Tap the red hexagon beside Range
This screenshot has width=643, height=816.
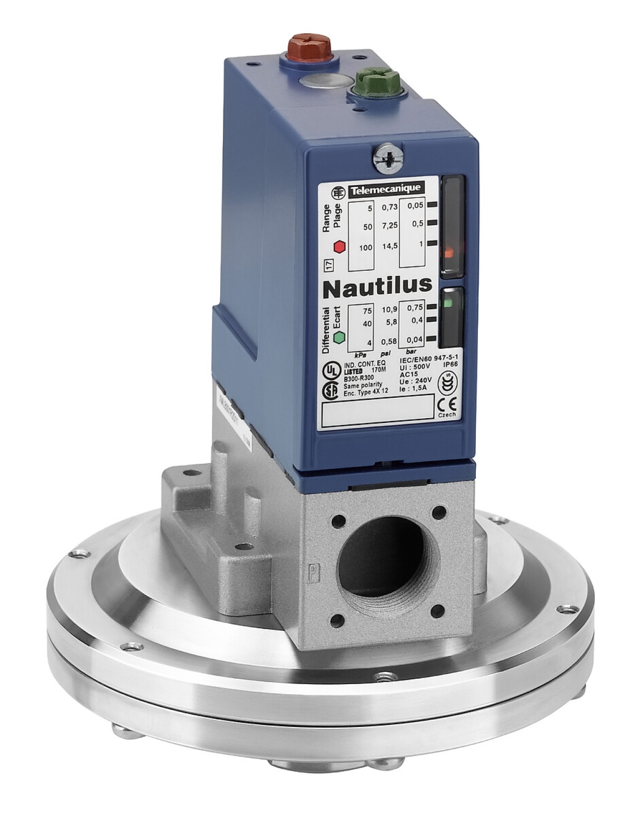coord(339,247)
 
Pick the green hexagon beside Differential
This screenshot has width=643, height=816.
coord(339,337)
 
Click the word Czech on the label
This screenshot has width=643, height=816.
coord(446,415)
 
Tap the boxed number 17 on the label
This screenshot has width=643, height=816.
coord(327,265)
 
